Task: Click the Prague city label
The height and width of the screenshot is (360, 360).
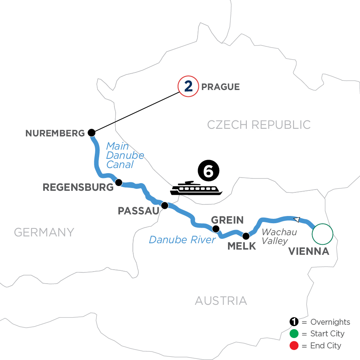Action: tap(221, 87)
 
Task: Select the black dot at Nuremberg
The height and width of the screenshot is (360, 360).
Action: tap(92, 133)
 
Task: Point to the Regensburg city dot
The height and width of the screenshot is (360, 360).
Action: tap(118, 182)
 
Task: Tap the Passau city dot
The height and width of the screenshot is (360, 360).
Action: tap(164, 206)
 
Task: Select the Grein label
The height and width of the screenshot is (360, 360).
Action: tap(228, 220)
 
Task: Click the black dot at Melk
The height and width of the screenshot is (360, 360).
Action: tap(246, 235)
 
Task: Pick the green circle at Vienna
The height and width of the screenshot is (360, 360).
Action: tap(322, 234)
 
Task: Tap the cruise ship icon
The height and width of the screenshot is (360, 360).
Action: tap(196, 188)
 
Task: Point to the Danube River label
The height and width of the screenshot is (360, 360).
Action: tap(182, 240)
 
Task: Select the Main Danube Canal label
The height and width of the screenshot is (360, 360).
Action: tap(125, 155)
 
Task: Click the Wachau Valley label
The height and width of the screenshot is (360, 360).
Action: tap(279, 236)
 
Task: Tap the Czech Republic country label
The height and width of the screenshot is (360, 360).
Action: tap(259, 124)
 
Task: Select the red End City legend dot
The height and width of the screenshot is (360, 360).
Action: tap(294, 345)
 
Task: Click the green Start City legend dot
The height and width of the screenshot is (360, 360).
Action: tap(294, 334)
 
